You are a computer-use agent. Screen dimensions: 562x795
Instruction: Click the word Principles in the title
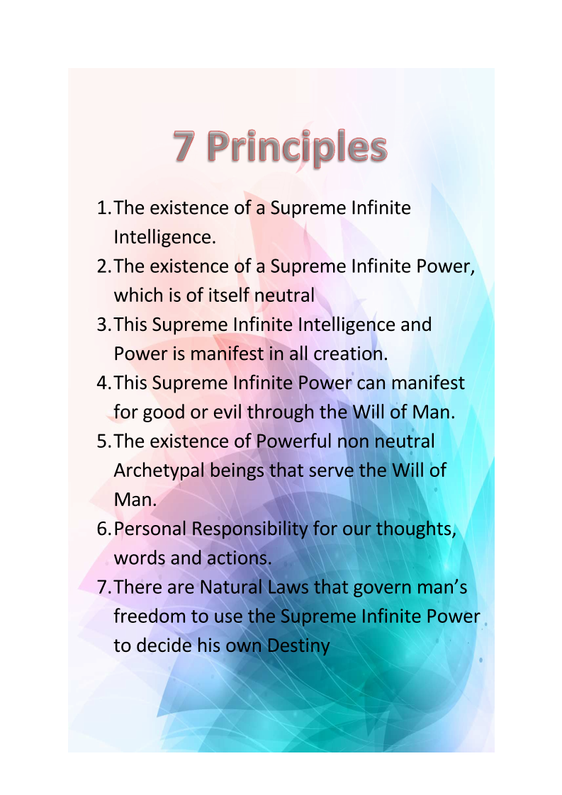click(x=297, y=147)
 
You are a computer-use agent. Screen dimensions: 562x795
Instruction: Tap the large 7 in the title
click(x=184, y=147)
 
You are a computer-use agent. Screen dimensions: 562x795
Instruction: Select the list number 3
click(x=103, y=325)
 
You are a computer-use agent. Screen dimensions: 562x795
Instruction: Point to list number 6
click(x=103, y=529)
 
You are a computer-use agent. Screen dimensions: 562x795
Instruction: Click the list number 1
click(x=103, y=208)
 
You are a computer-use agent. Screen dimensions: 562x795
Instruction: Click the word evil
click(x=227, y=412)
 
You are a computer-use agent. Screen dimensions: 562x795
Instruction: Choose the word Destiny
click(x=298, y=646)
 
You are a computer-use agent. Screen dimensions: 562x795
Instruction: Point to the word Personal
click(x=150, y=529)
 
